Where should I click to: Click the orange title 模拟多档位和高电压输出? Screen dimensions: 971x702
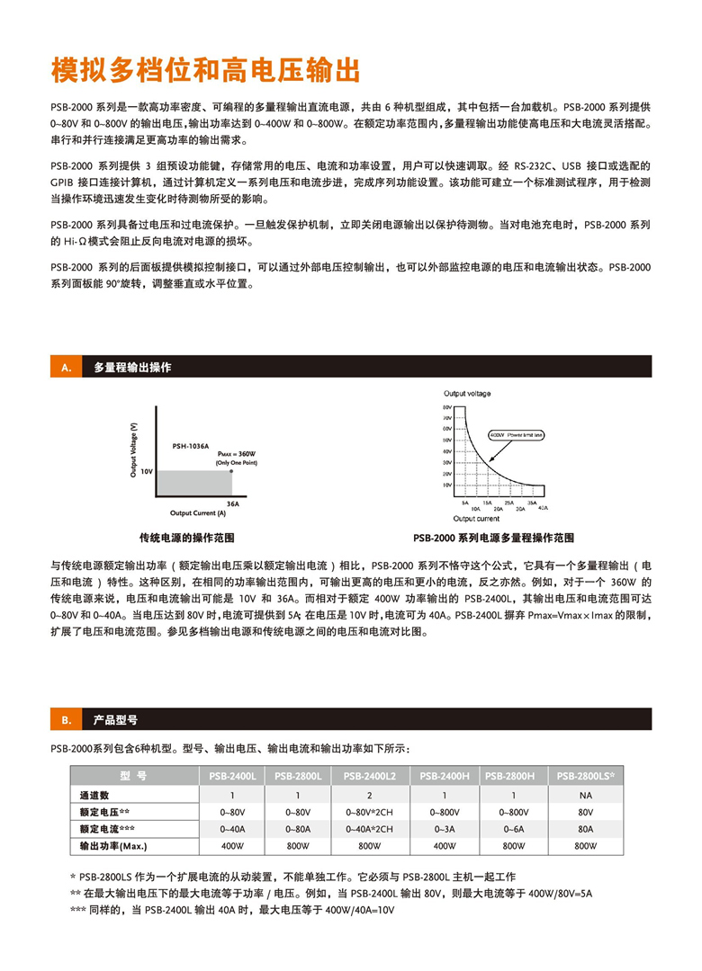(205, 69)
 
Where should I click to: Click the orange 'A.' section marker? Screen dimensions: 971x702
(65, 368)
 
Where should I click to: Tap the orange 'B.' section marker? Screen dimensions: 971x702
(65, 720)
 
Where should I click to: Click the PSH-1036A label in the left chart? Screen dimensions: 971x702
(190, 445)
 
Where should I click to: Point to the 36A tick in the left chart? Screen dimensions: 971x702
(232, 504)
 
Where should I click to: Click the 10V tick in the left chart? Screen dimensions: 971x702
(147, 470)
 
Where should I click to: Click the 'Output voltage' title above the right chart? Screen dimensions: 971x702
(468, 394)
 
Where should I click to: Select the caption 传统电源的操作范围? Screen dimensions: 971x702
(186, 538)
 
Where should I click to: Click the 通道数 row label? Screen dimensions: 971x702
(94, 795)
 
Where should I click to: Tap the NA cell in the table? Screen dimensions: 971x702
(585, 795)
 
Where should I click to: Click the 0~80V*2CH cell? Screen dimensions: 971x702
(370, 812)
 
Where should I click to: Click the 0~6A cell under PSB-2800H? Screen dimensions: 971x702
(513, 829)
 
